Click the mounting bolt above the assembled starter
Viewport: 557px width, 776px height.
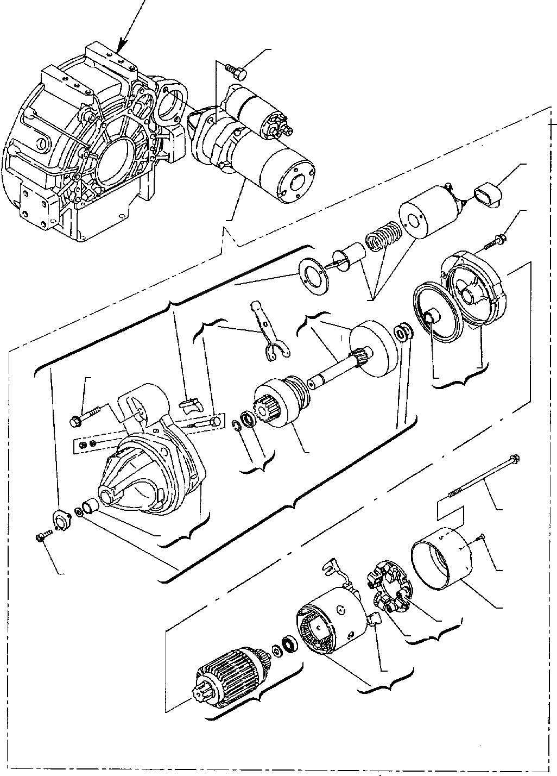pos(235,70)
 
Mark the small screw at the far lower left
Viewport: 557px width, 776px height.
pos(42,537)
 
